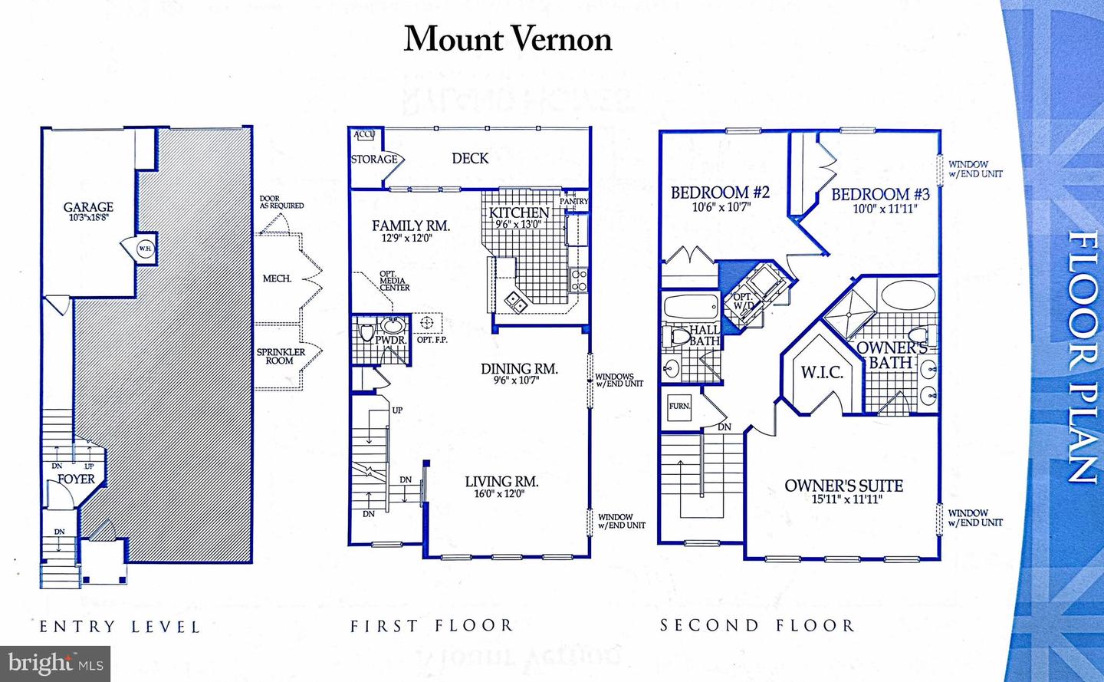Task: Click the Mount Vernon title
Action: (508, 39)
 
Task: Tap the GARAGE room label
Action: (88, 207)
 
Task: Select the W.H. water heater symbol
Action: (144, 249)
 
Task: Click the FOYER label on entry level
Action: (76, 479)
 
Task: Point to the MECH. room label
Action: (277, 278)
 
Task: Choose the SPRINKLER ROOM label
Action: (281, 356)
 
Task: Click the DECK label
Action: (470, 158)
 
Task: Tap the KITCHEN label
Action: (519, 213)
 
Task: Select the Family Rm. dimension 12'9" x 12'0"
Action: (407, 239)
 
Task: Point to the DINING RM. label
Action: (519, 369)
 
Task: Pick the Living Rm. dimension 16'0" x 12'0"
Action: (499, 494)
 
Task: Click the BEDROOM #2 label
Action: (720, 193)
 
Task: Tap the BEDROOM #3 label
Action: (880, 195)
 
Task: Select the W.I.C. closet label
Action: (822, 373)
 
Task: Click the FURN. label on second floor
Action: (679, 406)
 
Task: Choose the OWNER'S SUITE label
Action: (843, 486)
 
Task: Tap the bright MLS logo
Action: (55, 663)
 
